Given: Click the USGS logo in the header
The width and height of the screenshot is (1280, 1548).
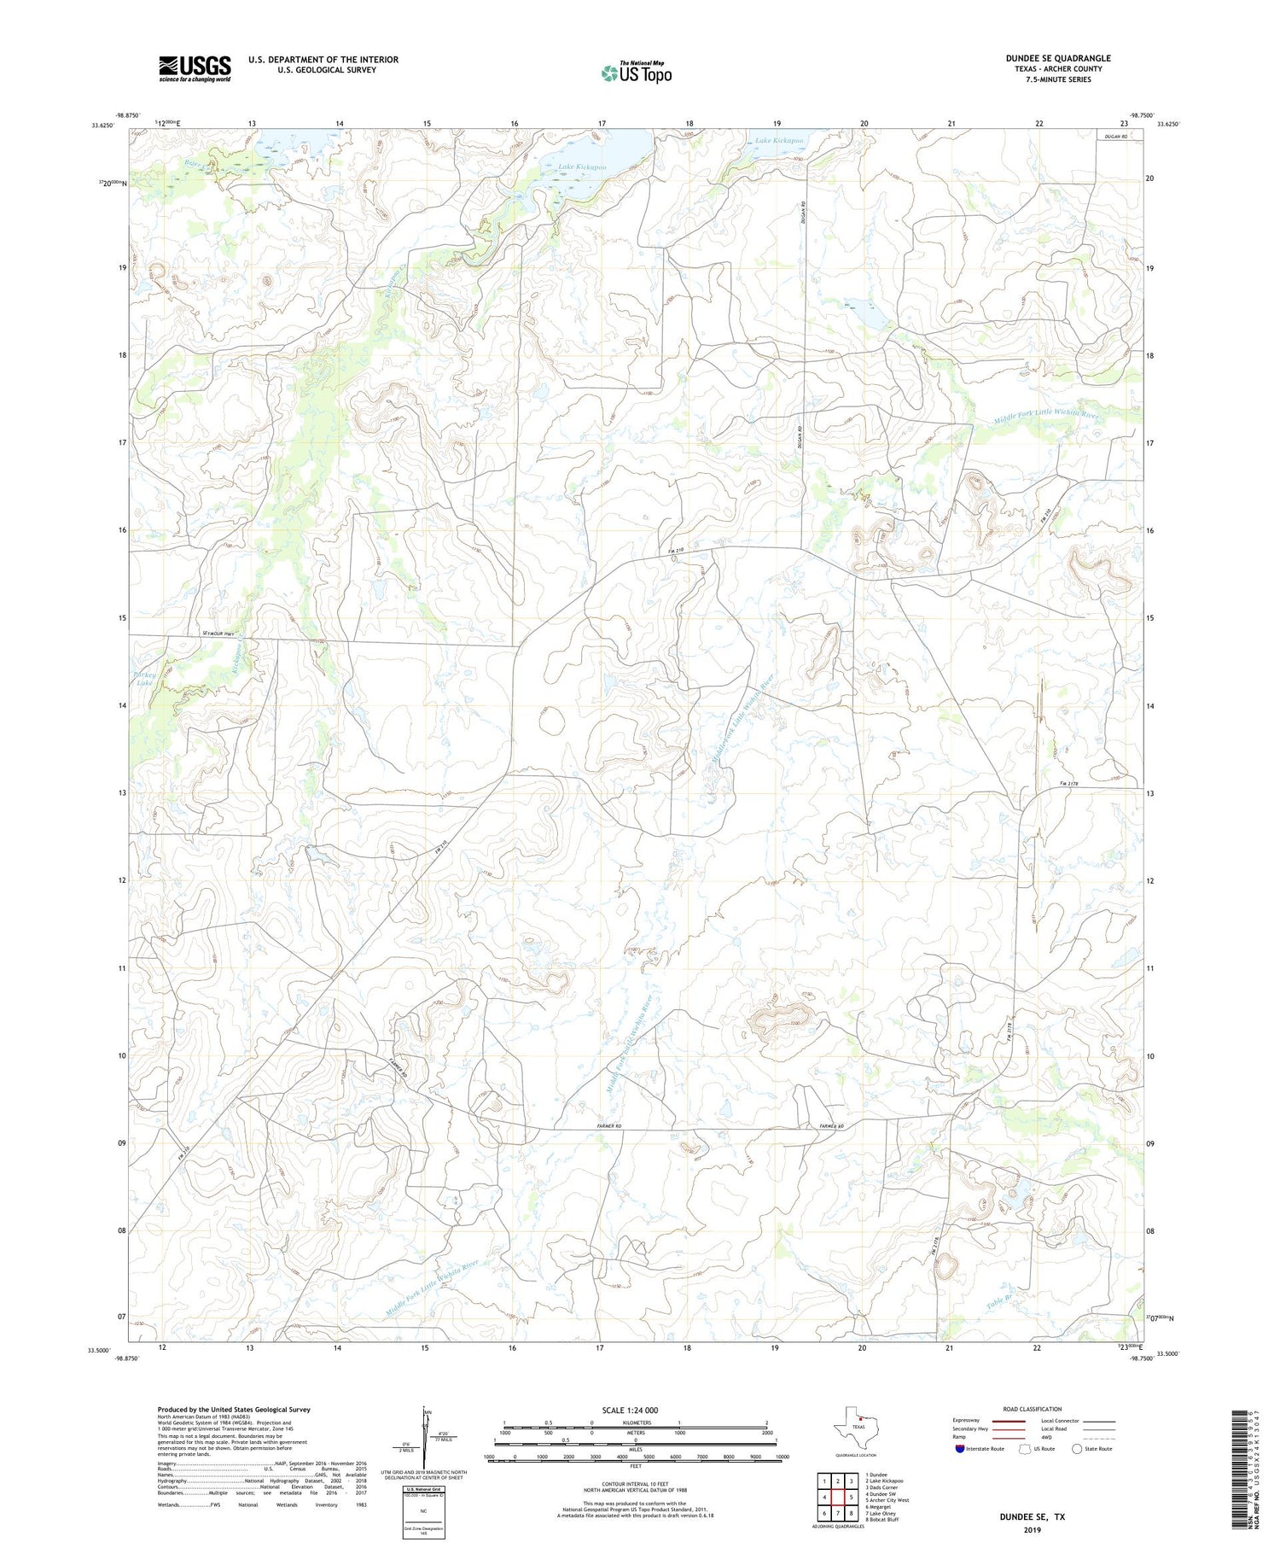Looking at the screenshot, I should (x=195, y=68).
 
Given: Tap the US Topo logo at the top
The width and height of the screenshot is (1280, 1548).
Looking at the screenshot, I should (x=636, y=73).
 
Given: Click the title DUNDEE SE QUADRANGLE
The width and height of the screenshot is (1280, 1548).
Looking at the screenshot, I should (x=1057, y=58).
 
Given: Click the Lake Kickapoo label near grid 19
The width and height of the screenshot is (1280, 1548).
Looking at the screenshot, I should (x=778, y=140).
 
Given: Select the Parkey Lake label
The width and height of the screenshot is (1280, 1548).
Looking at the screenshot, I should (x=143, y=678).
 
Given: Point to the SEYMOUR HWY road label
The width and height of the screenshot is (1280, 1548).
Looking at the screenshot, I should (x=218, y=633).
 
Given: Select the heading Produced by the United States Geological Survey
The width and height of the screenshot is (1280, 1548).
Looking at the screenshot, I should (x=233, y=1410).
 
